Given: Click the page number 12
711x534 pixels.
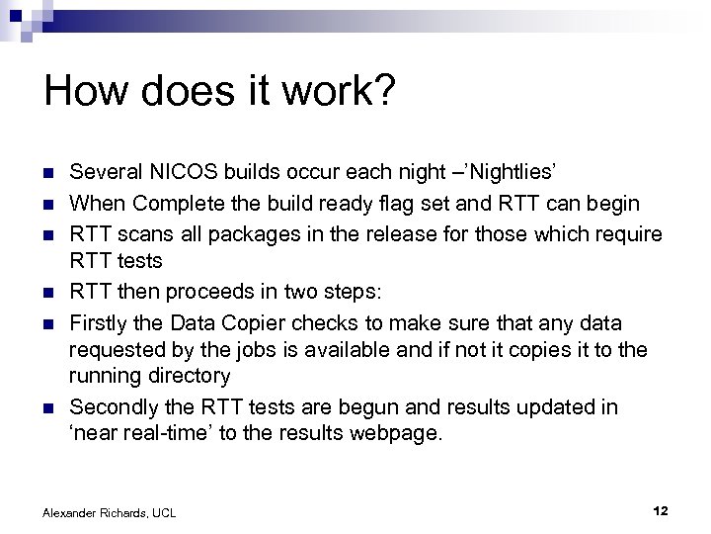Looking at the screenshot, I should [x=662, y=510].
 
